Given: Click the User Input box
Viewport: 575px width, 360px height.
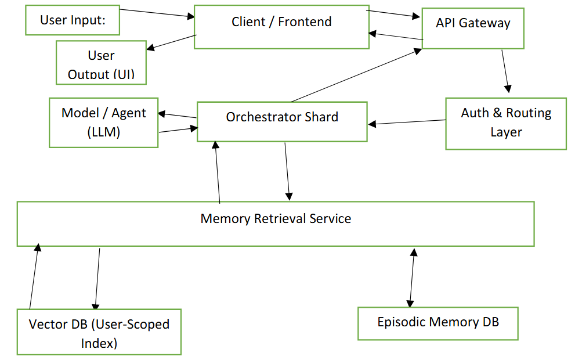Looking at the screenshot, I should coord(73,21).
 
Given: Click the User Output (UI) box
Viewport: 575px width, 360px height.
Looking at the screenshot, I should coord(101,63).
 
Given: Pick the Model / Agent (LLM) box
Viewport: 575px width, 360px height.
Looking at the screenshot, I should coord(103,122).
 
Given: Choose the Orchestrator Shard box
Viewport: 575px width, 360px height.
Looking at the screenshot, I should coord(282,121).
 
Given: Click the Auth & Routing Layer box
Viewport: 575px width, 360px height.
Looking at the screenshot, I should coord(505,123).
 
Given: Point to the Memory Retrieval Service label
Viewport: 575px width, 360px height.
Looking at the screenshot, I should coord(276,219).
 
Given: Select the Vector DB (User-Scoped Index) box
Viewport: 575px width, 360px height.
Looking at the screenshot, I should coord(99,332).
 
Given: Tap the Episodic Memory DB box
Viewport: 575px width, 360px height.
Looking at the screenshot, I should coord(437,323).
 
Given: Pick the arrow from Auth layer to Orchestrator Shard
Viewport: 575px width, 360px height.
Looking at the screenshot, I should coord(407,122).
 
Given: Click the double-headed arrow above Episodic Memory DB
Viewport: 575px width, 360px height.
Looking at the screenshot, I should coord(412,278).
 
